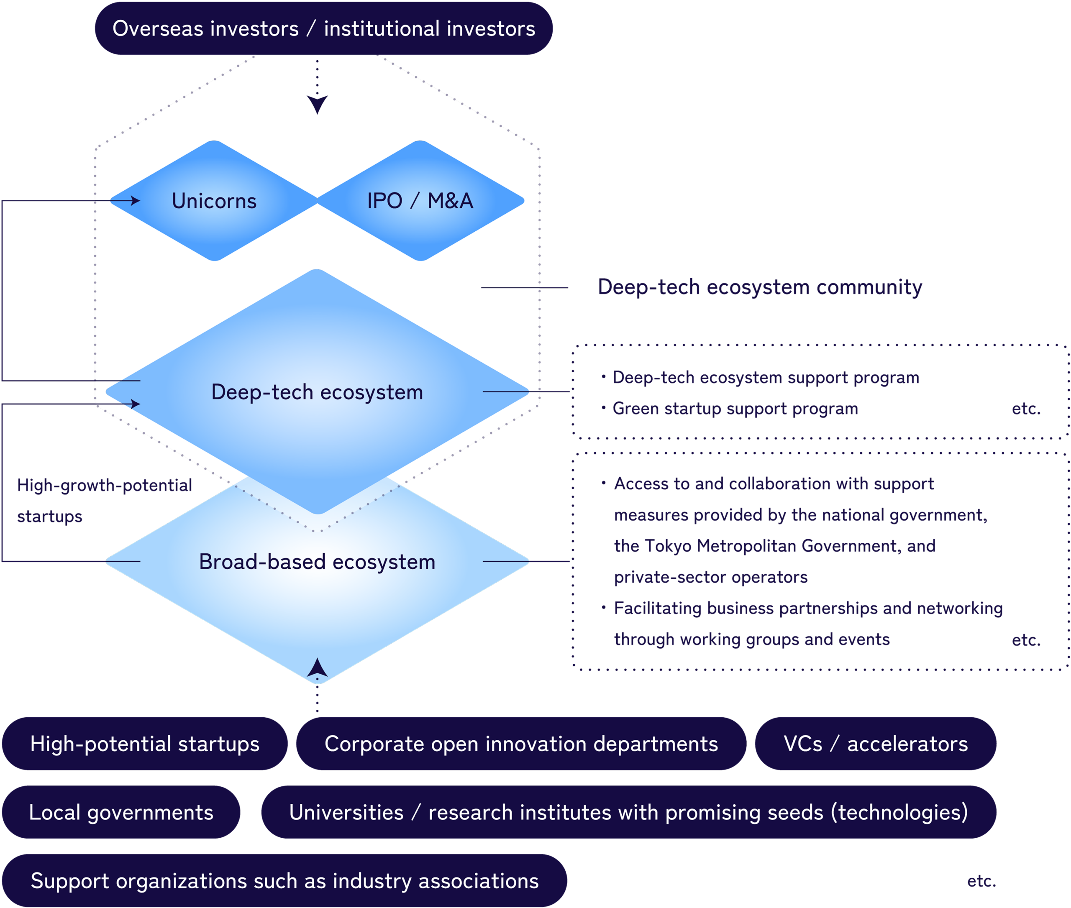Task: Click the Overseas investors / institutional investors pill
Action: click(323, 28)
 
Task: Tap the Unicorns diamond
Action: click(214, 201)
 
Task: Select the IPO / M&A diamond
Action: click(420, 201)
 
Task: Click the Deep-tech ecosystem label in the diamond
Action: click(317, 392)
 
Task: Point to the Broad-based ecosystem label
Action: click(317, 562)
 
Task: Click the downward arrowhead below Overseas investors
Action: click(317, 104)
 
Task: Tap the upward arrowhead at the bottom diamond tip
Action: click(317, 668)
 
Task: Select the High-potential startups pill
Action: click(145, 744)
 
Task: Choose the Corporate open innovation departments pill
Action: click(521, 744)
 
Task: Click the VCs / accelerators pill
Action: click(875, 744)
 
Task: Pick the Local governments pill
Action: click(121, 812)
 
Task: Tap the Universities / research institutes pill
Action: click(628, 812)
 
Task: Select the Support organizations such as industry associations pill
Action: click(285, 881)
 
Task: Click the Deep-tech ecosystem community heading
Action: click(759, 287)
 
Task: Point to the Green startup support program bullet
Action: click(735, 409)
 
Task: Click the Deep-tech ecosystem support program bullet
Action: click(765, 378)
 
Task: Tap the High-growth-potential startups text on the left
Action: click(104, 500)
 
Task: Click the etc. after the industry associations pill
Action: click(981, 881)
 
